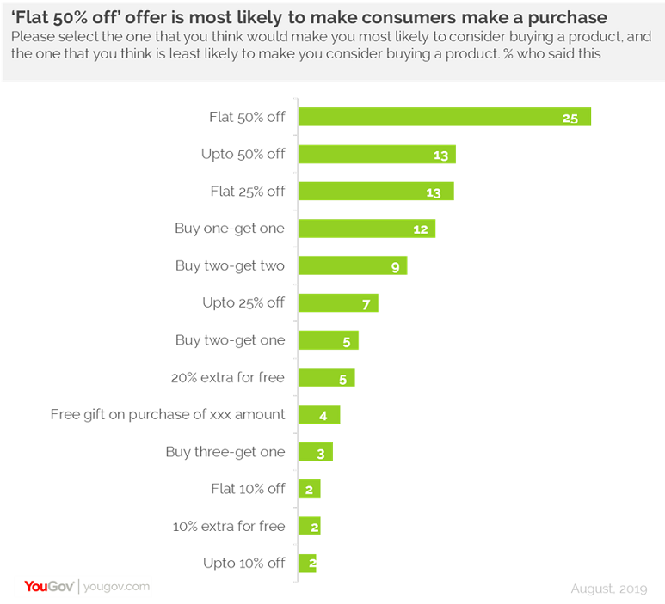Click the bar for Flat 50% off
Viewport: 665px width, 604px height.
(x=444, y=117)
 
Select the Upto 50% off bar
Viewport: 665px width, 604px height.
(x=377, y=155)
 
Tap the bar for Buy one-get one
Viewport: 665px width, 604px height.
(x=366, y=229)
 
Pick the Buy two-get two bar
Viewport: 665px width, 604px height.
(x=353, y=265)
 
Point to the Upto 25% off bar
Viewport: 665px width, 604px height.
(x=338, y=302)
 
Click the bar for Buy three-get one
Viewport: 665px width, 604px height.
(x=315, y=452)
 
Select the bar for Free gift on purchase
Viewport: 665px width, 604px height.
(x=319, y=415)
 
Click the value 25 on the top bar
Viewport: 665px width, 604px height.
(x=570, y=118)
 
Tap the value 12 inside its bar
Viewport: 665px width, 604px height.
(x=421, y=229)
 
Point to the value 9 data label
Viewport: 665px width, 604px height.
(x=395, y=266)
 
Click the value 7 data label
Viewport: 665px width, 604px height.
(x=366, y=304)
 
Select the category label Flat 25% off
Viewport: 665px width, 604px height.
(x=248, y=192)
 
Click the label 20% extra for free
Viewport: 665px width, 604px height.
(x=229, y=377)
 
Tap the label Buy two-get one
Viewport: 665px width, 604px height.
(x=230, y=340)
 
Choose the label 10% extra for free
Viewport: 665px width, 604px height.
(x=229, y=526)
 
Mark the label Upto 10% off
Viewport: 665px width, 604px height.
(x=243, y=563)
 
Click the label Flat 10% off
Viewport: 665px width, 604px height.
(x=248, y=489)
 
